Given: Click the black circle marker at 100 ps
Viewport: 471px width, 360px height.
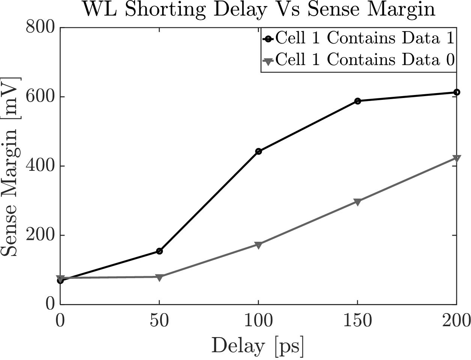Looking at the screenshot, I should tap(258, 151).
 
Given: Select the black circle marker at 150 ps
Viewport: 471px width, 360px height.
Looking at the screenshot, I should tap(357, 101).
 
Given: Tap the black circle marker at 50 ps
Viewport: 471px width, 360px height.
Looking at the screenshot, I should tap(159, 251).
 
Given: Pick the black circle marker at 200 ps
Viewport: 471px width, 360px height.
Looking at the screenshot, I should tap(456, 92).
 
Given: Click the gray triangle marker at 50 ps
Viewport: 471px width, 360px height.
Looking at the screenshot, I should tap(159, 277).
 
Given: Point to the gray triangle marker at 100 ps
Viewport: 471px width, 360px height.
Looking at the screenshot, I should tap(258, 245).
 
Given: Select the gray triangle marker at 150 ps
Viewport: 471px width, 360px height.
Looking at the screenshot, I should tap(357, 202).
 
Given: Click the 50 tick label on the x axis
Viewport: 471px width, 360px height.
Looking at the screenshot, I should tap(160, 321).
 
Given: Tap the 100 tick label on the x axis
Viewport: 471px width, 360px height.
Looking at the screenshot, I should tap(258, 321).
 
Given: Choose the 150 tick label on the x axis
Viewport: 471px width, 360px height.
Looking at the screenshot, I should tap(357, 321).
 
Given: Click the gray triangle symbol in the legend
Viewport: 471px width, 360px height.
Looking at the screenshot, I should tap(268, 60).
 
